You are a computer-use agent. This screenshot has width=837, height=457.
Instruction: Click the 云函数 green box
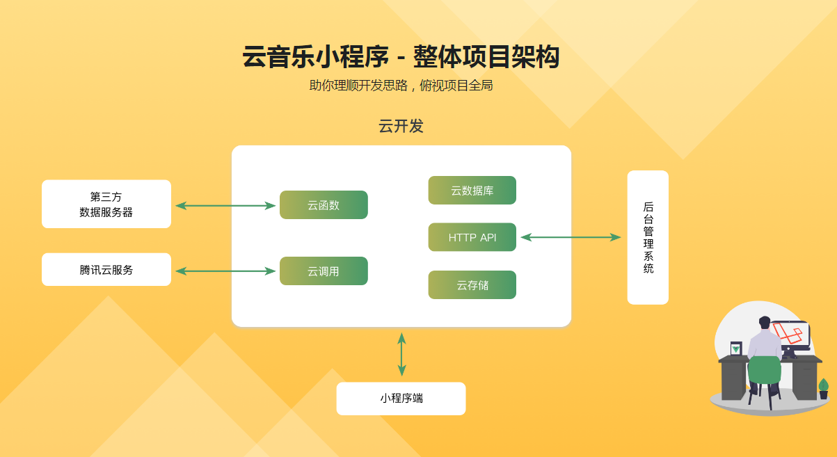pyautogui.click(x=324, y=205)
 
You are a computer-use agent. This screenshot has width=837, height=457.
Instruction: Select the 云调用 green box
pyautogui.click(x=324, y=271)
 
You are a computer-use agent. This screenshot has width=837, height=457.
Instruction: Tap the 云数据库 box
pyautogui.click(x=472, y=191)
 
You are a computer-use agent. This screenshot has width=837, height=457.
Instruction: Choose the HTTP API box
pyautogui.click(x=472, y=237)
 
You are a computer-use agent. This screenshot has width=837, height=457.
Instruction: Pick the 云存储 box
pyautogui.click(x=472, y=285)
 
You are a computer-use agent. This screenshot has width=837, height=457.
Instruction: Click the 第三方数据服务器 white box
pyautogui.click(x=106, y=204)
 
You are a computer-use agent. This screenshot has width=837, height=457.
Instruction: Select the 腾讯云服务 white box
pyautogui.click(x=106, y=269)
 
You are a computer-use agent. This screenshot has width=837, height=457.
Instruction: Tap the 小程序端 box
pyautogui.click(x=401, y=399)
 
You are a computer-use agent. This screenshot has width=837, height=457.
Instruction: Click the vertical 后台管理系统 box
pyautogui.click(x=648, y=237)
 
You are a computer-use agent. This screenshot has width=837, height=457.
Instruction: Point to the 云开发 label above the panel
pyautogui.click(x=401, y=126)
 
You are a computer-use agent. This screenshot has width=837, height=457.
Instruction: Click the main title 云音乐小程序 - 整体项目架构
pyautogui.click(x=401, y=57)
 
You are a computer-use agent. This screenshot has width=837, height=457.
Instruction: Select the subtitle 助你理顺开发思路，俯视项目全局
pyautogui.click(x=401, y=86)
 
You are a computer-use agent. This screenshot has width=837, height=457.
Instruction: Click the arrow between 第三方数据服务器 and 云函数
pyautogui.click(x=225, y=205)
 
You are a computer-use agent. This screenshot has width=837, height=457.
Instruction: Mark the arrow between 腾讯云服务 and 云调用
pyautogui.click(x=225, y=271)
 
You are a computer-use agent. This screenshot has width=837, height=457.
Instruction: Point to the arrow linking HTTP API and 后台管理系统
pyautogui.click(x=571, y=237)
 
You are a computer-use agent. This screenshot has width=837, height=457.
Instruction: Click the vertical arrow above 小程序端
pyautogui.click(x=401, y=354)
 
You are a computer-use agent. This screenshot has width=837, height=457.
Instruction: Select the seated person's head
pyautogui.click(x=765, y=323)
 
